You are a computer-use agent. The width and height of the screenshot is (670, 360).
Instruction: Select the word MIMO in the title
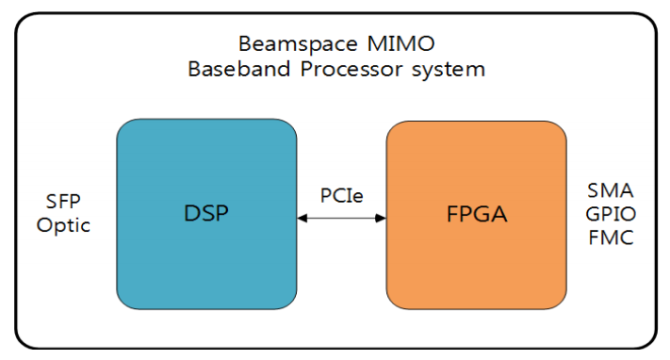click(x=400, y=43)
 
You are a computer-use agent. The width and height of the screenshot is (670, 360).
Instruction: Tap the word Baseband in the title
click(x=238, y=69)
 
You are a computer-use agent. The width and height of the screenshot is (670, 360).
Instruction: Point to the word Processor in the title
click(x=351, y=69)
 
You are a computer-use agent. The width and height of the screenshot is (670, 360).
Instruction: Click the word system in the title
click(x=449, y=70)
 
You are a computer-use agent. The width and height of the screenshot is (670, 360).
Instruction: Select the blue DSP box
click(x=206, y=214)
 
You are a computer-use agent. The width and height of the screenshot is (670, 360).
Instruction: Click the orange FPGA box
click(x=477, y=215)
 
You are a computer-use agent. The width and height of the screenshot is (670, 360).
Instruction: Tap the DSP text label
click(x=206, y=213)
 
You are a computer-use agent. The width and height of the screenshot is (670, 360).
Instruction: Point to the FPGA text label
click(x=477, y=214)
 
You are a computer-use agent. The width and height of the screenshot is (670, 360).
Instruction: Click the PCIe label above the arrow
click(x=342, y=196)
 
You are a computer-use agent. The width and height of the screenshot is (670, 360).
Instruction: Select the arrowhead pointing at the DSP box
click(x=302, y=219)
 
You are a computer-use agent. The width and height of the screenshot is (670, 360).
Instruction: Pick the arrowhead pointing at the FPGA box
click(x=381, y=219)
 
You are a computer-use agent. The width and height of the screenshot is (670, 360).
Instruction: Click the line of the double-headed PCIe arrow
click(x=341, y=219)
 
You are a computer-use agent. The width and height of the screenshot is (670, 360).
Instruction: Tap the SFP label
click(x=63, y=202)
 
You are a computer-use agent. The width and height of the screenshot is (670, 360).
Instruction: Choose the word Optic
click(x=63, y=225)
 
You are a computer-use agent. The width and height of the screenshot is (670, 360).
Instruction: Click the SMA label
click(x=611, y=190)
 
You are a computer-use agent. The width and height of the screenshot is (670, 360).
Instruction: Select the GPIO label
click(x=611, y=214)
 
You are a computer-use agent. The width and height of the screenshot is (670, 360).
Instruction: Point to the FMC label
click(x=611, y=237)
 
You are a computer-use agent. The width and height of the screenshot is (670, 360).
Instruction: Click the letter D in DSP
click(x=191, y=213)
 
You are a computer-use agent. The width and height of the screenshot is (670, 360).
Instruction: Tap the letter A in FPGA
click(x=498, y=214)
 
